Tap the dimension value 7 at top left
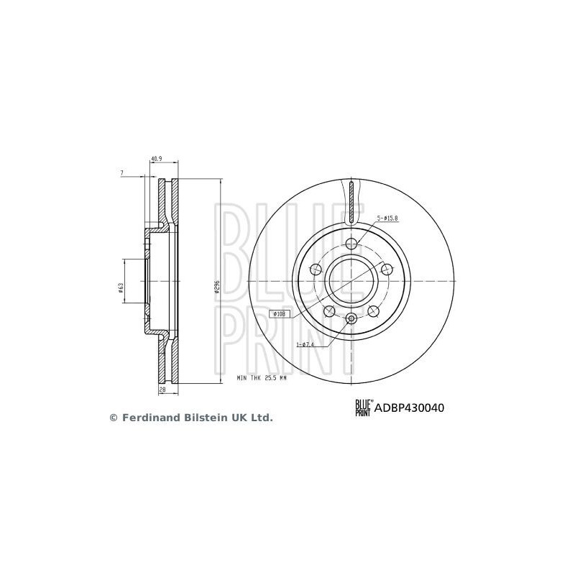pyautogui.click(x=123, y=173)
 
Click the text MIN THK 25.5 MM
pyautogui.click(x=262, y=377)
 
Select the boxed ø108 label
pyautogui.click(x=280, y=314)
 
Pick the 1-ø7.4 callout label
pyautogui.click(x=305, y=344)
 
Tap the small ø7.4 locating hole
pyautogui.click(x=351, y=319)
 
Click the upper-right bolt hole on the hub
pyautogui.click(x=387, y=269)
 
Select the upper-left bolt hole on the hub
pyautogui.click(x=316, y=269)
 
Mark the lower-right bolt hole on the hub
pyautogui.click(x=374, y=310)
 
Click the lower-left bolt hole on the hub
pyautogui.click(x=329, y=310)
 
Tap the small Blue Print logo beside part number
pyautogui.click(x=363, y=408)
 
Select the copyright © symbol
pyautogui.click(x=113, y=417)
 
